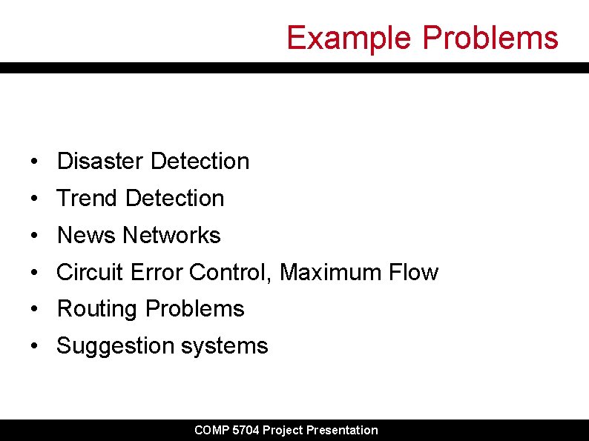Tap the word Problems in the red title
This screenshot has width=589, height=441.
(490, 38)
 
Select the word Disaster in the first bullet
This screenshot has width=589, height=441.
(100, 161)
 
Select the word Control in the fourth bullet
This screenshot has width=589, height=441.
(230, 272)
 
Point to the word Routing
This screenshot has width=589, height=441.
(98, 308)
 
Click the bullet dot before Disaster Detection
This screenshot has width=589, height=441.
(34, 162)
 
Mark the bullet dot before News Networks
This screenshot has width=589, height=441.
(34, 236)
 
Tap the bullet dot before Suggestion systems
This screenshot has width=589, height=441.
(34, 346)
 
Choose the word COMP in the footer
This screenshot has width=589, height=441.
(210, 430)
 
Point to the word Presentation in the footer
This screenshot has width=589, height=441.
(342, 430)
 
